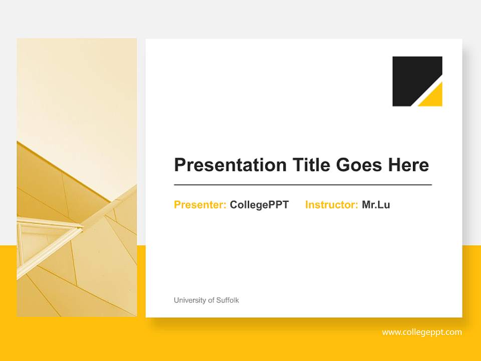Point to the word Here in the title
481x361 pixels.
tap(409, 165)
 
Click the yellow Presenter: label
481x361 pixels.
tap(200, 205)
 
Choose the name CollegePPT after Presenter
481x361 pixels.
tap(259, 205)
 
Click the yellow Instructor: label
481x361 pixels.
tap(331, 205)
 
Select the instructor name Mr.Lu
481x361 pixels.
tap(376, 205)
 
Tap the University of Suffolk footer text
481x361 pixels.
tap(206, 300)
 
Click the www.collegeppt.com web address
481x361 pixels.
tap(422, 332)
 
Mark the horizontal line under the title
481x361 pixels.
tap(303, 185)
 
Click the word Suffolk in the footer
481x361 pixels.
tap(227, 300)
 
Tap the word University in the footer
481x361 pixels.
tap(189, 300)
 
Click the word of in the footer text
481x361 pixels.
tap(210, 300)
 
